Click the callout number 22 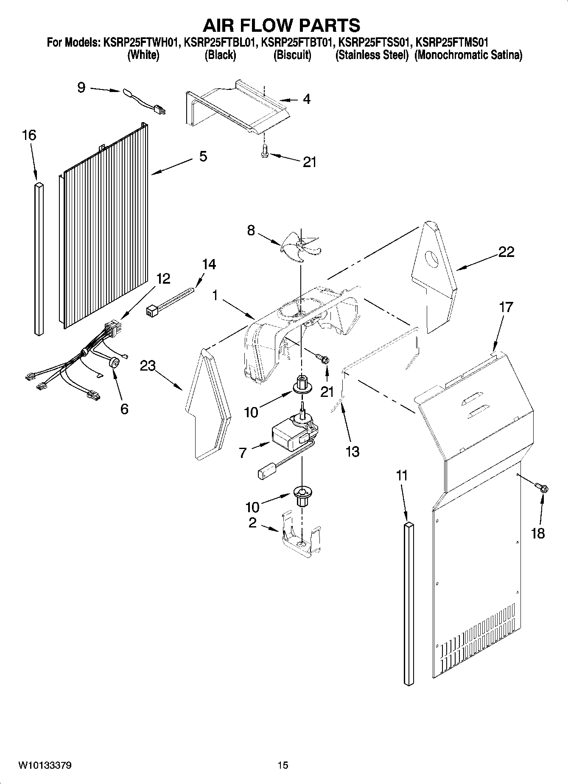pos(506,252)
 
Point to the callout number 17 pos(506,307)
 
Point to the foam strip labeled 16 pos(39,259)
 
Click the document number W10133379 pos(45,765)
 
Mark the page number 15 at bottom pos(283,765)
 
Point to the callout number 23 pos(148,365)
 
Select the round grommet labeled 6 pos(114,363)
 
